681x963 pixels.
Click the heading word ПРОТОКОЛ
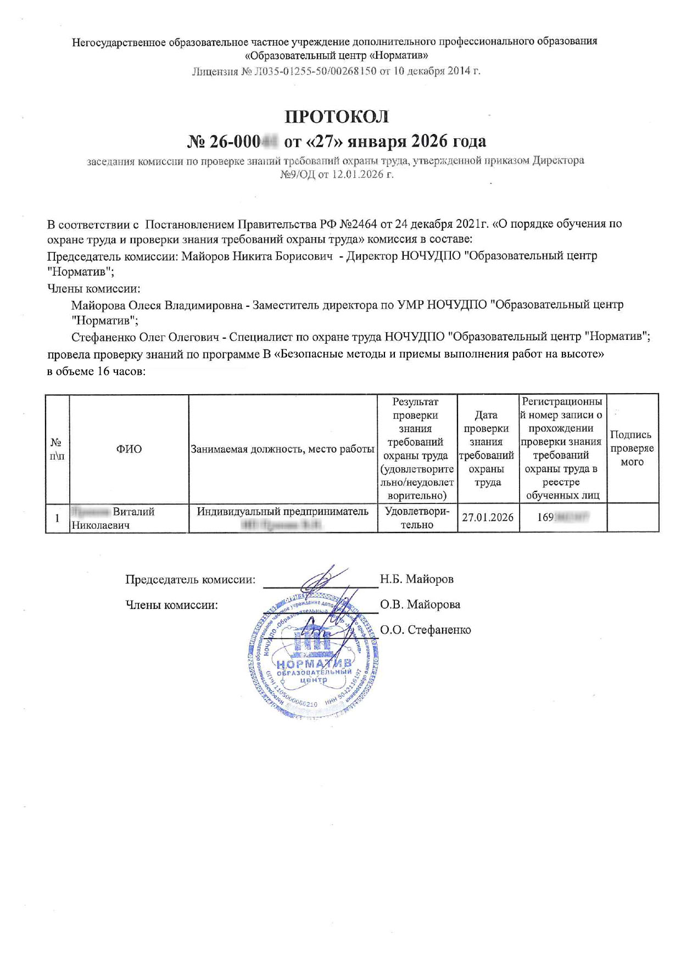[x=337, y=116]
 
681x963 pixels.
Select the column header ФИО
[x=129, y=449]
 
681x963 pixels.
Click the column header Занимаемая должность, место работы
[x=282, y=449]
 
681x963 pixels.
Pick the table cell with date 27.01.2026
[x=488, y=517]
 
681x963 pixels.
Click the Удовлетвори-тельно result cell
[x=417, y=518]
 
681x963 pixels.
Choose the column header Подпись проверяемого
[x=632, y=448]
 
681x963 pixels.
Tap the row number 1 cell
[x=57, y=518]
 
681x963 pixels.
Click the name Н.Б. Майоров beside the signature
[x=417, y=579]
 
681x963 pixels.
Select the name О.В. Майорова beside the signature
[x=420, y=604]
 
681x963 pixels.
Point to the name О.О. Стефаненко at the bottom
[x=426, y=630]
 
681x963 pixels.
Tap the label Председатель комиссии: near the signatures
[x=190, y=579]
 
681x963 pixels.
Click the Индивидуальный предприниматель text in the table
[x=283, y=512]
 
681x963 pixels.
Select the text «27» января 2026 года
[x=385, y=141]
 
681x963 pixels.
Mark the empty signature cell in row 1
[x=632, y=518]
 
